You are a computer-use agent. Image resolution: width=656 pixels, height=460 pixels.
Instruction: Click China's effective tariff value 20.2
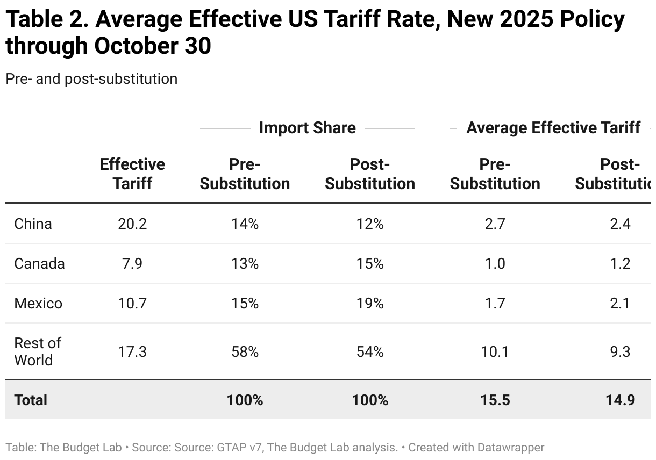pyautogui.click(x=132, y=224)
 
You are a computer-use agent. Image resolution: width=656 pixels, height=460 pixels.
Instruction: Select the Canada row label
pyautogui.click(x=39, y=264)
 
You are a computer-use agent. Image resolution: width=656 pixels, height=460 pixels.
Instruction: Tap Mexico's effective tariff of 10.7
pyautogui.click(x=132, y=304)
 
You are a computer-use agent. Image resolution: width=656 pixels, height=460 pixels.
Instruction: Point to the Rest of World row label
pyautogui.click(x=38, y=351)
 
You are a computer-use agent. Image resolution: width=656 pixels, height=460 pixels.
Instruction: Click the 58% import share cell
pyautogui.click(x=245, y=352)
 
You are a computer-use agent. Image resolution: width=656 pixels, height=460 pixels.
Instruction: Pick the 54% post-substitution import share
pyautogui.click(x=370, y=352)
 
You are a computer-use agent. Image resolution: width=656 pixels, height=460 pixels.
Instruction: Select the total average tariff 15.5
pyautogui.click(x=495, y=400)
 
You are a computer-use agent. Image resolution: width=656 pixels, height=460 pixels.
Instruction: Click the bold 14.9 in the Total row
pyautogui.click(x=619, y=400)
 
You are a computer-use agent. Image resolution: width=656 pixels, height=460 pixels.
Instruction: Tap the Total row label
pyautogui.click(x=31, y=400)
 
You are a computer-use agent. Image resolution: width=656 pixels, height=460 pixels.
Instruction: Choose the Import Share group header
pyautogui.click(x=307, y=128)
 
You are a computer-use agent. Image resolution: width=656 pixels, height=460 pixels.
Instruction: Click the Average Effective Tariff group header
pyautogui.click(x=553, y=128)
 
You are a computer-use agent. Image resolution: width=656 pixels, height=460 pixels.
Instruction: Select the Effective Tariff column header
pyautogui.click(x=132, y=174)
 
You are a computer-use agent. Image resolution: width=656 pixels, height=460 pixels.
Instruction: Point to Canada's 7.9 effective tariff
pyautogui.click(x=132, y=264)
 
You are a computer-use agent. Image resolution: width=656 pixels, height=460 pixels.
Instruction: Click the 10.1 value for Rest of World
pyautogui.click(x=495, y=352)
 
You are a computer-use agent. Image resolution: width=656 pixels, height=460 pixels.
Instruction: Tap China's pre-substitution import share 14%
pyautogui.click(x=245, y=224)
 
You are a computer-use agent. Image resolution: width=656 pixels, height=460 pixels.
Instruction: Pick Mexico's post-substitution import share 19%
pyautogui.click(x=370, y=304)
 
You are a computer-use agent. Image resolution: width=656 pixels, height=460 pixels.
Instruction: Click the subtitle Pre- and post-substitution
pyautogui.click(x=91, y=79)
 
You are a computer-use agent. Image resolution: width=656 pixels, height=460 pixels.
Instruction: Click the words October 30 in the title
pyautogui.click(x=152, y=46)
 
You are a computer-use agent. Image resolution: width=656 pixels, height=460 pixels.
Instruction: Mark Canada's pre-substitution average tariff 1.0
pyautogui.click(x=495, y=264)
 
